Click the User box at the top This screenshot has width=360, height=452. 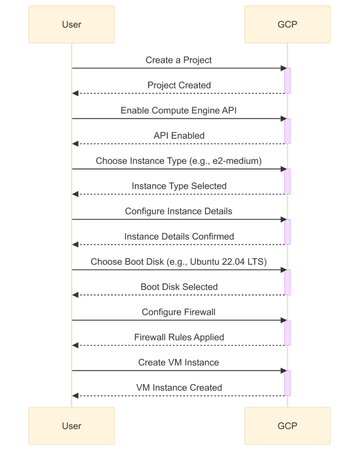tap(71, 25)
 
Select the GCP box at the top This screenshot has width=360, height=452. tap(287, 25)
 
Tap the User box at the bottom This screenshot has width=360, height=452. tap(71, 426)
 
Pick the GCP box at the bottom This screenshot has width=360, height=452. tap(287, 426)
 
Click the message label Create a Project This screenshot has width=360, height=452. tap(179, 60)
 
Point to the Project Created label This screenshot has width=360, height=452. tap(179, 85)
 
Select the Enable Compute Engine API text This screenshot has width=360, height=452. tap(179, 110)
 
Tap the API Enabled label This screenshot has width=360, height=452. tap(179, 136)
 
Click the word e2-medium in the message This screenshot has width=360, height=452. tap(236, 161)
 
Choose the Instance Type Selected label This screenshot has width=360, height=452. tap(179, 186)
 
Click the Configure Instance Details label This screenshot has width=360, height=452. tap(179, 211)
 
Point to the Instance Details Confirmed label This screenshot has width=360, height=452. tap(179, 237)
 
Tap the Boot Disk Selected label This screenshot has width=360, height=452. tap(179, 287)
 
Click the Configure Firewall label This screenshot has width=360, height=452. tap(179, 312)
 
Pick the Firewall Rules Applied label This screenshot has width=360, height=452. tap(179, 337)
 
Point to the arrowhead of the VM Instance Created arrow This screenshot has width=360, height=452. tap(75, 396)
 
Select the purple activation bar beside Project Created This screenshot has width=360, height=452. tap(287, 81)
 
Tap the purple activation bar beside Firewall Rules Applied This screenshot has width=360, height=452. tap(287, 333)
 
